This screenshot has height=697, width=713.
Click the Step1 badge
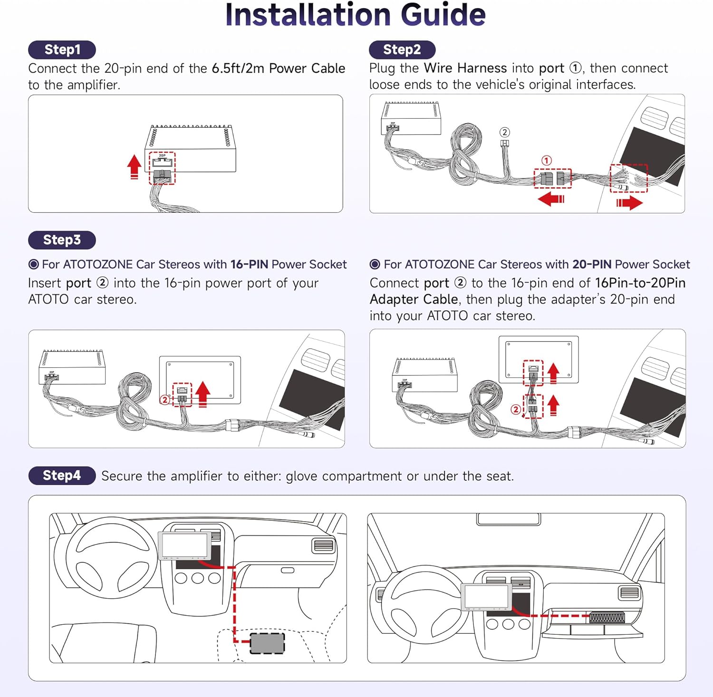pyautogui.click(x=62, y=50)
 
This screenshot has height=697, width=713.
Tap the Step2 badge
pyautogui.click(x=402, y=49)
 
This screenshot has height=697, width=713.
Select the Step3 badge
pyautogui.click(x=62, y=240)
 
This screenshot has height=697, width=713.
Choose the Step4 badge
pyautogui.click(x=62, y=476)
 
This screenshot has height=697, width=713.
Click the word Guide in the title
pyautogui.click(x=443, y=15)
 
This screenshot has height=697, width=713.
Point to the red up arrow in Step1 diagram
pyautogui.click(x=135, y=167)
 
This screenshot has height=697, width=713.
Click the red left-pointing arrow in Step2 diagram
pyautogui.click(x=551, y=199)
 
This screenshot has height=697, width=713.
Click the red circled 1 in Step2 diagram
pyautogui.click(x=547, y=161)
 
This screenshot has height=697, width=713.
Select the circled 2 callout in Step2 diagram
pyautogui.click(x=505, y=132)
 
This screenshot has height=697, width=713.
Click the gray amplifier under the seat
pyautogui.click(x=267, y=643)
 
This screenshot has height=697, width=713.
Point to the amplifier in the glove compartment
pyautogui.click(x=607, y=618)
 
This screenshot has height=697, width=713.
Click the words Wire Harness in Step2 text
pyautogui.click(x=465, y=68)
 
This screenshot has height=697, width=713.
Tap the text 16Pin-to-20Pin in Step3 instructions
pyautogui.click(x=640, y=283)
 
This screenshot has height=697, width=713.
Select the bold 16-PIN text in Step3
pyautogui.click(x=249, y=265)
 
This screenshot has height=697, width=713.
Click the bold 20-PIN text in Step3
pyautogui.click(x=591, y=265)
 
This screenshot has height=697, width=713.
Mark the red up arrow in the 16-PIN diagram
pyautogui.click(x=203, y=393)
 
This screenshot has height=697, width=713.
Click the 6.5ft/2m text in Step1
pyautogui.click(x=238, y=68)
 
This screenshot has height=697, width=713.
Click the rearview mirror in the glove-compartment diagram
pyautogui.click(x=508, y=519)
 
